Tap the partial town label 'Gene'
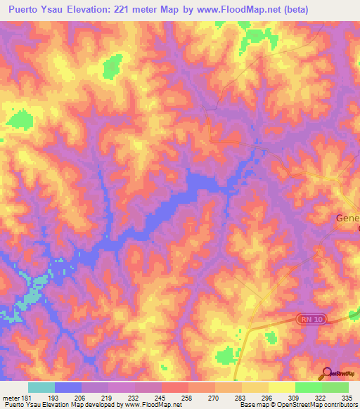(346, 218)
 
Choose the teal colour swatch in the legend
(41, 387)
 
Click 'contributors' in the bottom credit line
(340, 405)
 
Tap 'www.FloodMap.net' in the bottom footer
(148, 405)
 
